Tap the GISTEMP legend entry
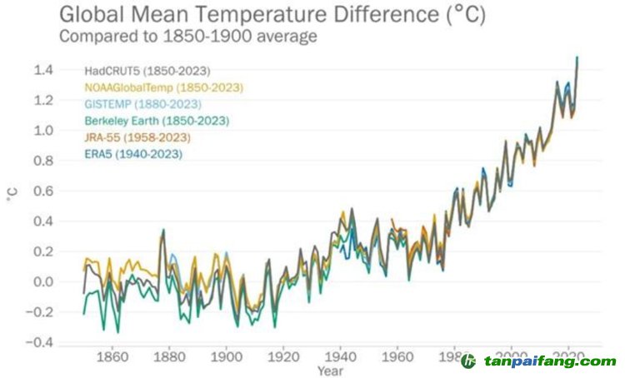coord(142,104)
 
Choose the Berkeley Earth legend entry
coord(156,121)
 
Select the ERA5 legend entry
coord(133,153)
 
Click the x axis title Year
coord(328,371)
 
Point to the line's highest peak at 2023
coord(577,57)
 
